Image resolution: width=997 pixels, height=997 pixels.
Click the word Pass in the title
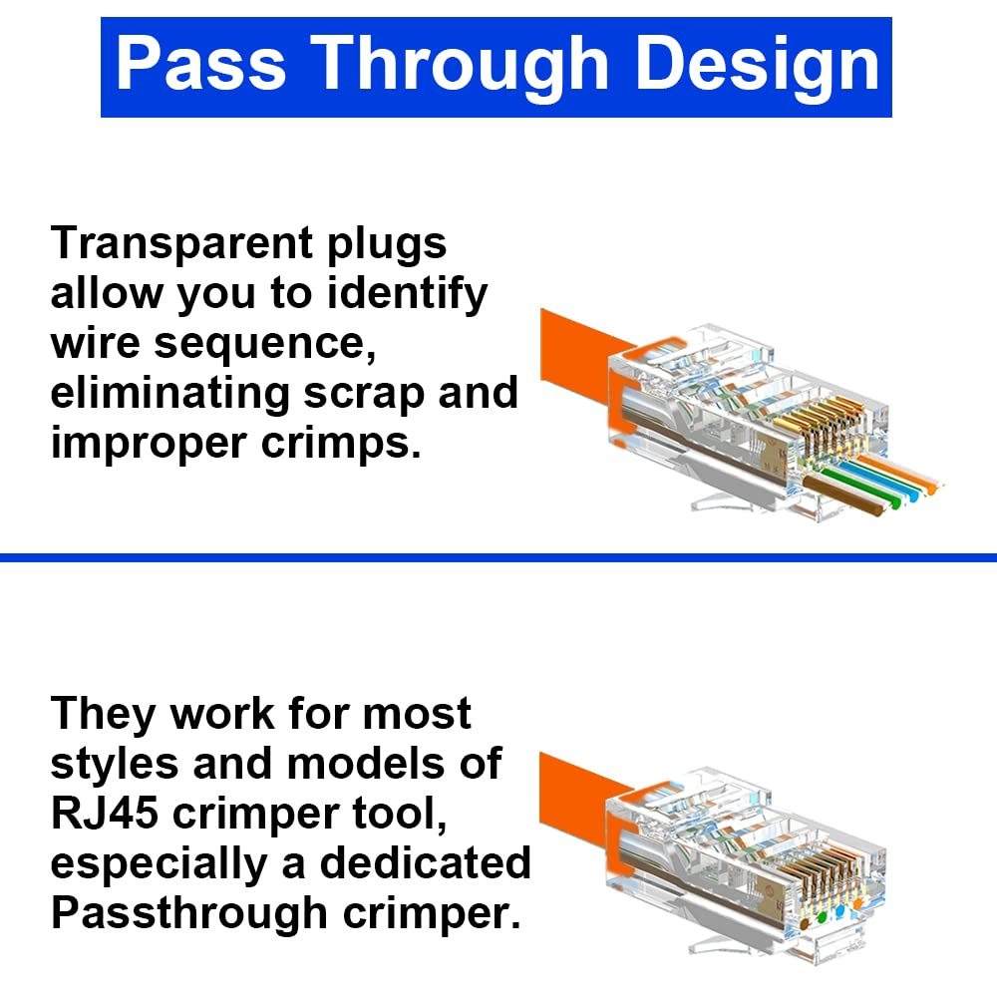(201, 64)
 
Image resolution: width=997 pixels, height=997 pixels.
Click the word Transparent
(181, 243)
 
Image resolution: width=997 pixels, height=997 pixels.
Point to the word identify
(407, 295)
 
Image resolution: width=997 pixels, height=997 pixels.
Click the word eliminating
(169, 394)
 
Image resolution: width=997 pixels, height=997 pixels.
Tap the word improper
(149, 445)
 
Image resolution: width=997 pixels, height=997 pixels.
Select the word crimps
(341, 444)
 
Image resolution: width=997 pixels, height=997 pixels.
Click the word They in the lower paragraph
(104, 714)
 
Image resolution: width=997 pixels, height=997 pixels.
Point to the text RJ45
(105, 814)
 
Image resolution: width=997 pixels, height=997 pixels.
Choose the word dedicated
(425, 863)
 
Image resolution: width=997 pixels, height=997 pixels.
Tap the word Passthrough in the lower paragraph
(189, 914)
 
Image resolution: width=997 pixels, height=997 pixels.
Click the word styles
(115, 764)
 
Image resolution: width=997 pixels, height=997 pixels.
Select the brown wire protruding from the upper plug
(844, 495)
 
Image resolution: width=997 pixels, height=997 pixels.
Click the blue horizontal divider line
(498, 557)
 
